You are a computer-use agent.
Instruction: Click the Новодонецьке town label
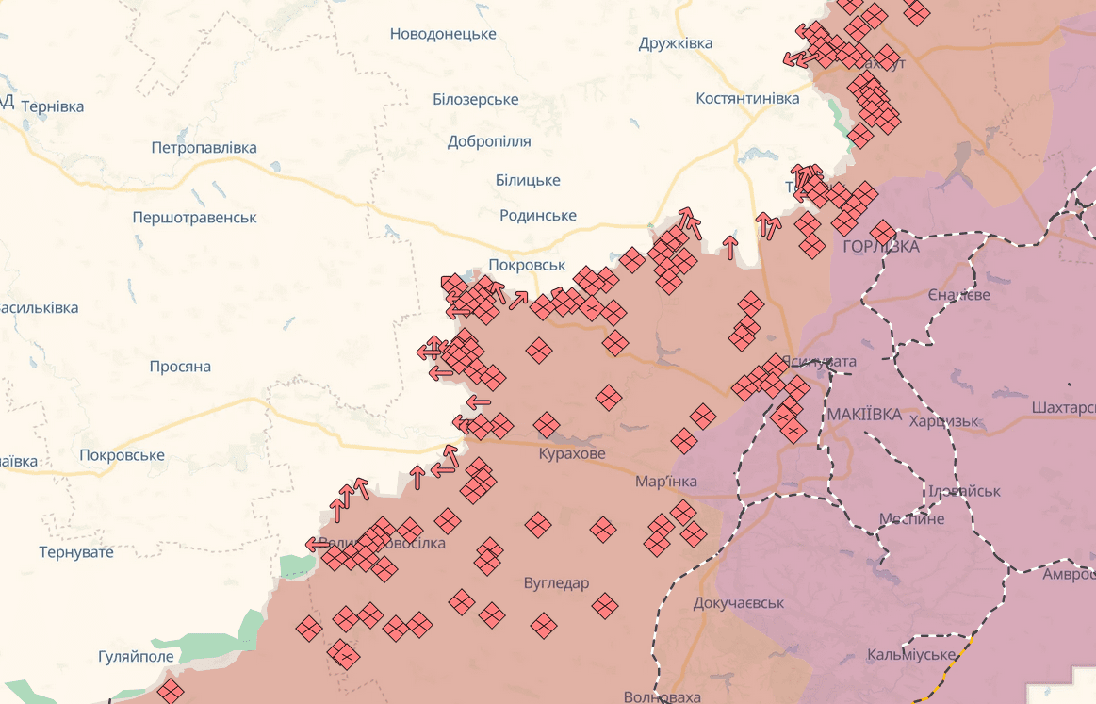[x=443, y=34]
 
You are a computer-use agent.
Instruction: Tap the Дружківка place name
[x=675, y=43]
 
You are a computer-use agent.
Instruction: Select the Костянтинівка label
[x=747, y=98]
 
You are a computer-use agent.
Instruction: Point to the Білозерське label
[x=475, y=100]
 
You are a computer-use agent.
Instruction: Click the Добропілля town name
[x=489, y=141]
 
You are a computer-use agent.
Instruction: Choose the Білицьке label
[x=527, y=180]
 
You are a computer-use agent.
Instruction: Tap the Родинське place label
[x=537, y=216]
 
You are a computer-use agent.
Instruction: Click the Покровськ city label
[x=526, y=265]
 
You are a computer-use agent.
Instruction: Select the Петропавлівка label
[x=204, y=148]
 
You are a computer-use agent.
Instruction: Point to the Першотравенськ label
[x=194, y=218]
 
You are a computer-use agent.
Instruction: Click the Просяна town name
[x=180, y=367]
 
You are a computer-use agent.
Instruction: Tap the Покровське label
[x=123, y=455]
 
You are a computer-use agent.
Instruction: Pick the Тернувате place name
[x=76, y=552]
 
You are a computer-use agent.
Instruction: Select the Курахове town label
[x=572, y=454]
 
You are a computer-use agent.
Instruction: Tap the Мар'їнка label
[x=665, y=482]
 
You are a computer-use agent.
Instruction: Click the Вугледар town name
[x=556, y=583]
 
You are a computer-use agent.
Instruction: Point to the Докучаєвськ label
[x=738, y=602]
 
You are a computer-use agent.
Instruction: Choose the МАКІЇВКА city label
[x=863, y=415]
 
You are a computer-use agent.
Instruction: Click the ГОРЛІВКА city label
[x=881, y=247]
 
